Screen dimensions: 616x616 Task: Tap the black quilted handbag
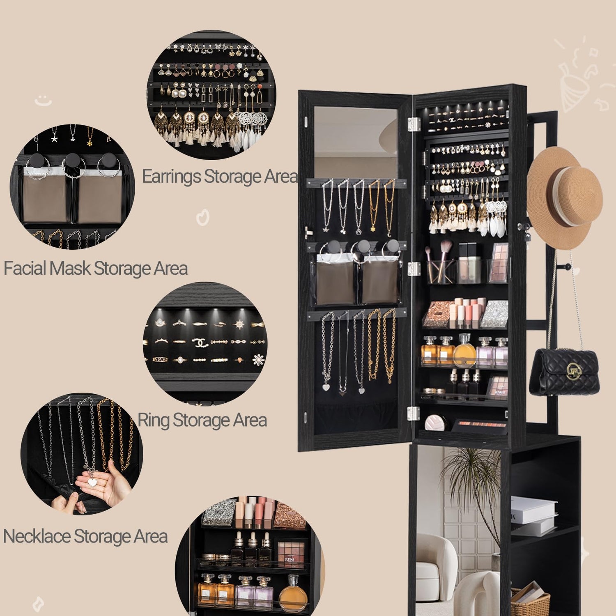(565, 372)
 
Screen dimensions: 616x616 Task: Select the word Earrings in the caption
(172, 177)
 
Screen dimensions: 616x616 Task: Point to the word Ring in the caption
(153, 421)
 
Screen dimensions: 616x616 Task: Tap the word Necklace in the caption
(37, 536)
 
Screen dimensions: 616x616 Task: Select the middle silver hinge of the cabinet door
(414, 269)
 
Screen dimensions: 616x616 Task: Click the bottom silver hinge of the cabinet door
(414, 413)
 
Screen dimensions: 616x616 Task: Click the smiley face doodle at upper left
(43, 100)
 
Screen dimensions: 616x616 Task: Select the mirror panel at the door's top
(356, 142)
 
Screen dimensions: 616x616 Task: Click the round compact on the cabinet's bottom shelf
(435, 423)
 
